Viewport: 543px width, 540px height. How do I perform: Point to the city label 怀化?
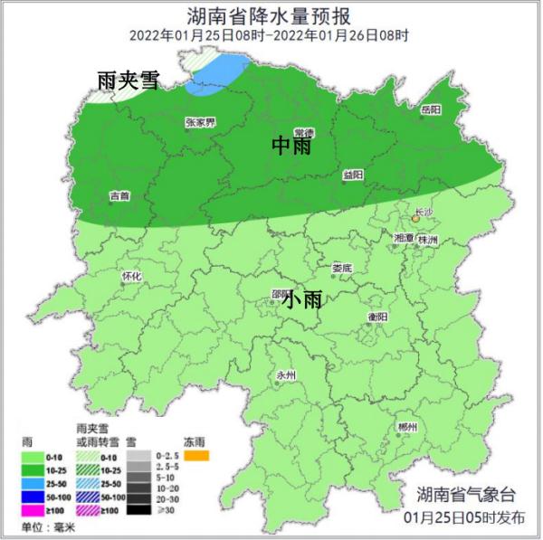click(131, 277)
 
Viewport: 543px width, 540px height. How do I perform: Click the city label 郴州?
click(407, 427)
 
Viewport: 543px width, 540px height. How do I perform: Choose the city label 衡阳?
click(377, 317)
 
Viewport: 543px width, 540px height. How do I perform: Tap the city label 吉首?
click(119, 194)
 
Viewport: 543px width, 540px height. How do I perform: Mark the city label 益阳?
click(355, 175)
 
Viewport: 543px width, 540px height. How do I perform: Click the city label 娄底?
click(341, 268)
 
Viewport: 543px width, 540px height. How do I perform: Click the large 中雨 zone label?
click(291, 145)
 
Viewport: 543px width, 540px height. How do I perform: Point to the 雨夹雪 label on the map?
click(127, 81)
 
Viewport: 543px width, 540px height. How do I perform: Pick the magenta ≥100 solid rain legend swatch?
click(37, 511)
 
